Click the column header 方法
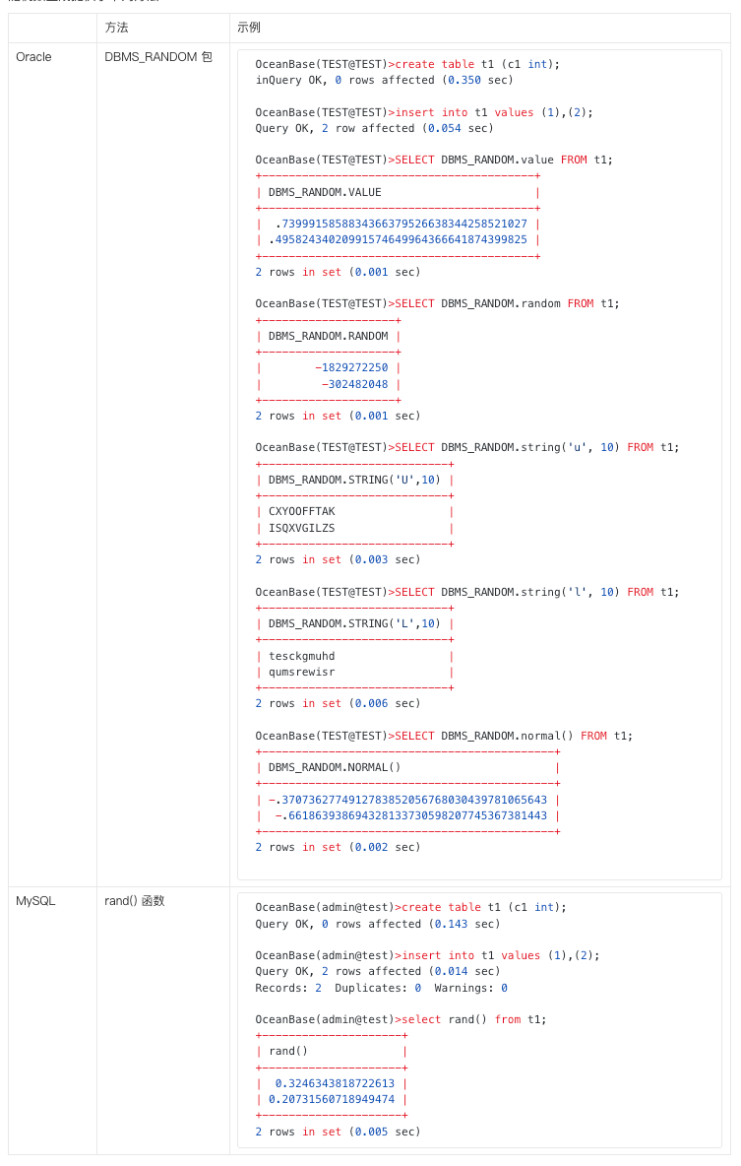[x=117, y=28]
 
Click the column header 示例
[x=249, y=28]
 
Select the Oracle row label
[x=34, y=57]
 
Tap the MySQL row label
[x=35, y=900]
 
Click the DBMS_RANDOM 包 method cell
[x=158, y=57]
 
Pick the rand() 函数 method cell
[x=135, y=900]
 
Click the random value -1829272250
[x=351, y=368]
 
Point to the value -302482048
[x=354, y=384]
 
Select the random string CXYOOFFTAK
[x=302, y=512]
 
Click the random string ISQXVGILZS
[x=302, y=528]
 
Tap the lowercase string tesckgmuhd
[x=302, y=656]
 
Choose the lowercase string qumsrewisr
[x=302, y=673]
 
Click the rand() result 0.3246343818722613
[x=336, y=1083]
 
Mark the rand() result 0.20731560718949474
[x=332, y=1099]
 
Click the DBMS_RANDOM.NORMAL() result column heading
[x=335, y=767]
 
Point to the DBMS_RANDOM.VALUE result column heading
[x=325, y=193]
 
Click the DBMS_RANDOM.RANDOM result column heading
[x=328, y=336]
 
